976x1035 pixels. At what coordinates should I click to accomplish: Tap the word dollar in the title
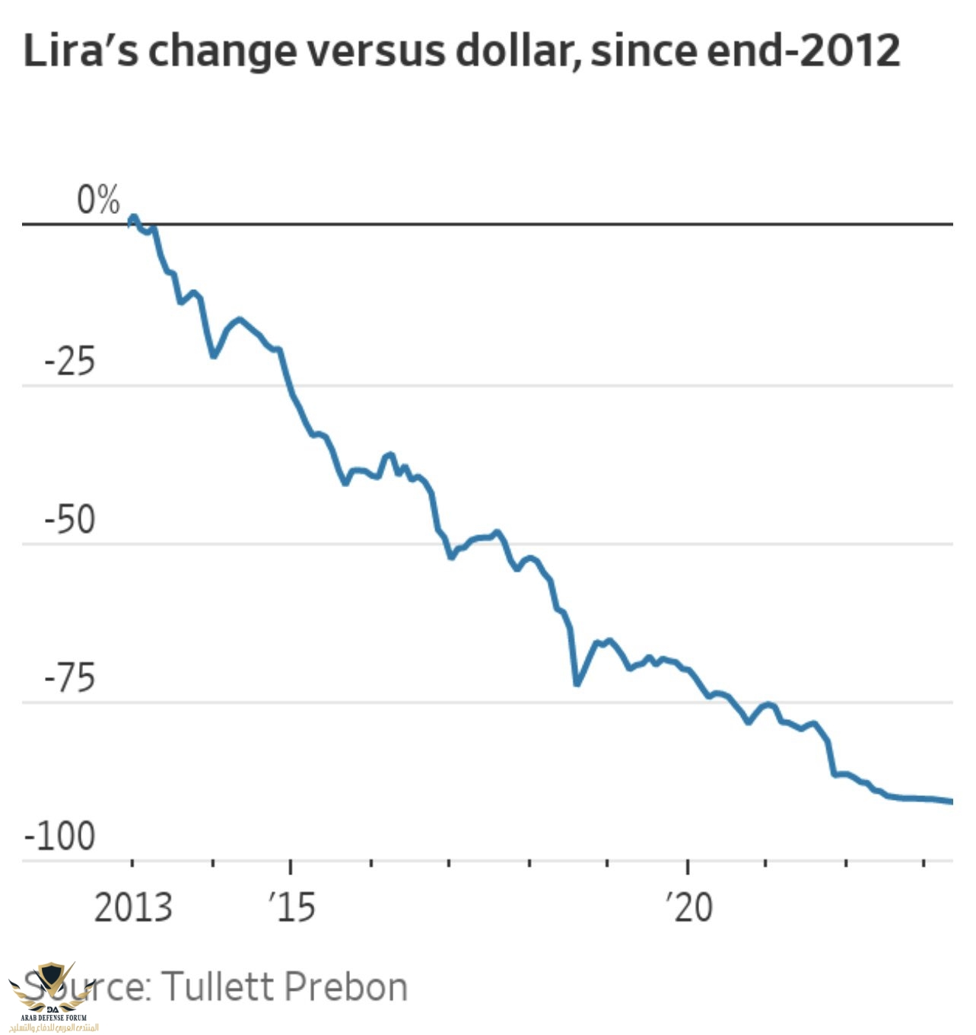520,51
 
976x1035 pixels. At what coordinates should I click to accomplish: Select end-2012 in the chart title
804,51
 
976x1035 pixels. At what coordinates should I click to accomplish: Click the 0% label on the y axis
98,200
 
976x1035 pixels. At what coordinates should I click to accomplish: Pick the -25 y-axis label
70,361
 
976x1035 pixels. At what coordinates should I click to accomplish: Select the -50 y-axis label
70,521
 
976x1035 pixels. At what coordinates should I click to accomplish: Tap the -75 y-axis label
70,678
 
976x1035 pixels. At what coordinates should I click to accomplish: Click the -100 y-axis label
60,836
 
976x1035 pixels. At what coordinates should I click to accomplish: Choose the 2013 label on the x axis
133,907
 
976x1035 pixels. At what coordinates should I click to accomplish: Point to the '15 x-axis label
292,907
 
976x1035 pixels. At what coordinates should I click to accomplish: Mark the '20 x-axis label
689,907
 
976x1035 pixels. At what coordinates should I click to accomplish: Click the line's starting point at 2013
133,219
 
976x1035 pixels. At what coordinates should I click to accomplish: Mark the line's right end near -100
950,801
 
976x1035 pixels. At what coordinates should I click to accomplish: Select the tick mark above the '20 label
688,867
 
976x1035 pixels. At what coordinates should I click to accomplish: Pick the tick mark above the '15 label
291,867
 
